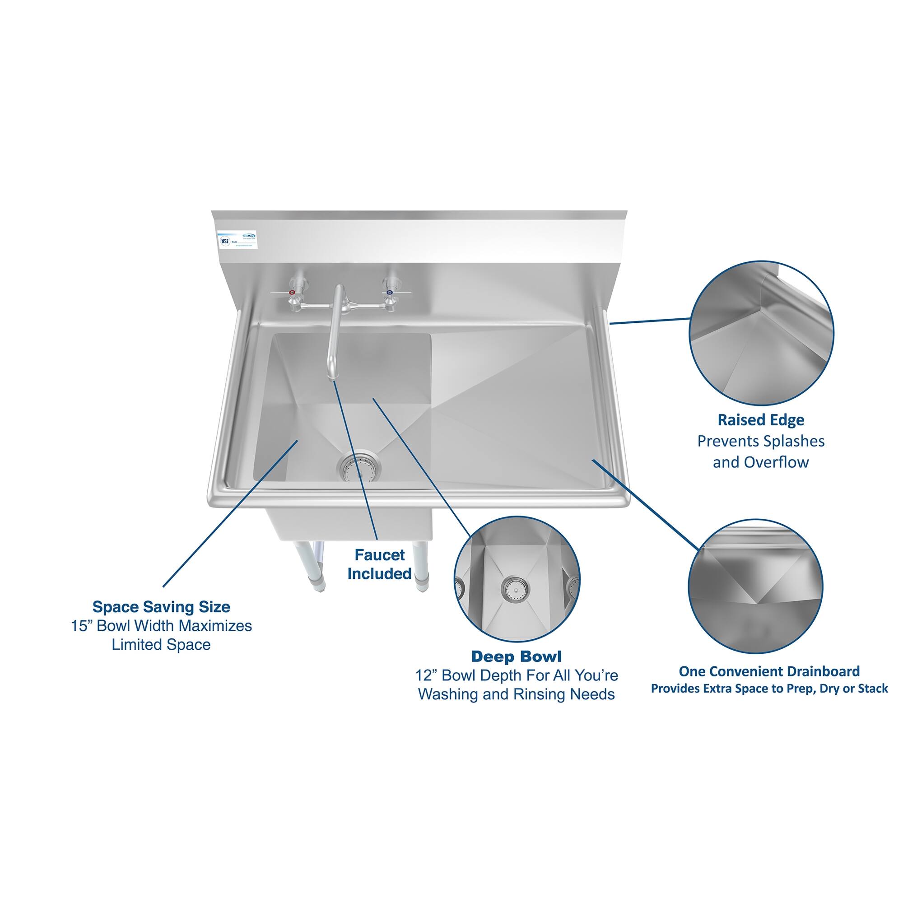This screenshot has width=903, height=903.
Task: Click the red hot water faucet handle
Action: click(x=292, y=293)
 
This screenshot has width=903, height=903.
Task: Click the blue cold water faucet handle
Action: click(x=389, y=293)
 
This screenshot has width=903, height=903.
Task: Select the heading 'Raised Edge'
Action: click(x=761, y=420)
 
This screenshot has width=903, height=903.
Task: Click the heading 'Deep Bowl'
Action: click(x=516, y=656)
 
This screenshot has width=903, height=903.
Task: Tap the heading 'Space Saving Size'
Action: click(x=161, y=607)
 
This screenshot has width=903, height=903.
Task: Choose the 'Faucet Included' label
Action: click(x=379, y=564)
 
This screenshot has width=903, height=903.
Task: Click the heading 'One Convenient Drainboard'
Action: click(x=769, y=671)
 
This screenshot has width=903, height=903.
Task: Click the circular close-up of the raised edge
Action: click(x=761, y=333)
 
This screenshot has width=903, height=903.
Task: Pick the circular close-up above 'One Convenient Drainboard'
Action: click(x=755, y=586)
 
